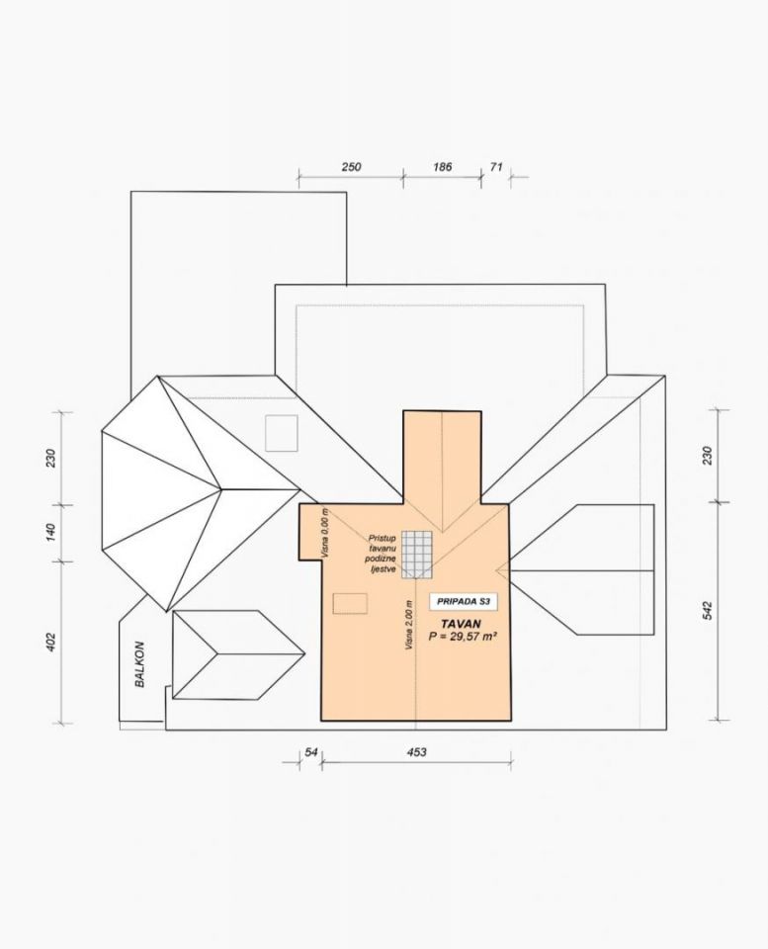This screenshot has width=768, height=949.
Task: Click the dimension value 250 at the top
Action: (351, 167)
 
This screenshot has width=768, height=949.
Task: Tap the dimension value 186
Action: (443, 167)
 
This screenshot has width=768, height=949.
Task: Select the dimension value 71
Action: (496, 167)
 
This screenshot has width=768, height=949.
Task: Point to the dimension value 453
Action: (416, 752)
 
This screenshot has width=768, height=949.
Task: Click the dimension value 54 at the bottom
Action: (311, 752)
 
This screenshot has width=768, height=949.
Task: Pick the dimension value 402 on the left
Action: (50, 643)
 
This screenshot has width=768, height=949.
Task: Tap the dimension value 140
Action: (50, 533)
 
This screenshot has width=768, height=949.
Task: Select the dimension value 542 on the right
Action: (708, 610)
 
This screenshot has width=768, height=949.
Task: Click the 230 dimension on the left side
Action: (50, 458)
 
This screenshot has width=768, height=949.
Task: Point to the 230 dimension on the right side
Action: (708, 455)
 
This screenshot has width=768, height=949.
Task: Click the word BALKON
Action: (139, 664)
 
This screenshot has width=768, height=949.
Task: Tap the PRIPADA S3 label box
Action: (463, 602)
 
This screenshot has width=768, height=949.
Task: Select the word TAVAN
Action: (462, 624)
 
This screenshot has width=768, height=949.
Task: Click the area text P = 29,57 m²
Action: (463, 636)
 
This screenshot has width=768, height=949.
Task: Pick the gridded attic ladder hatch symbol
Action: (417, 555)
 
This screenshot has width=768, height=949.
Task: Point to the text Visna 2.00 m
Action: (409, 625)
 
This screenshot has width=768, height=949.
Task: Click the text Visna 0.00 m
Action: (325, 533)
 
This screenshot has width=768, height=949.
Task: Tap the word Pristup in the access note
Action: (382, 538)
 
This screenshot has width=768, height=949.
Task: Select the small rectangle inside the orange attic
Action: (350, 604)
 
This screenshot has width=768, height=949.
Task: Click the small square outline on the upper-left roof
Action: (282, 433)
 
